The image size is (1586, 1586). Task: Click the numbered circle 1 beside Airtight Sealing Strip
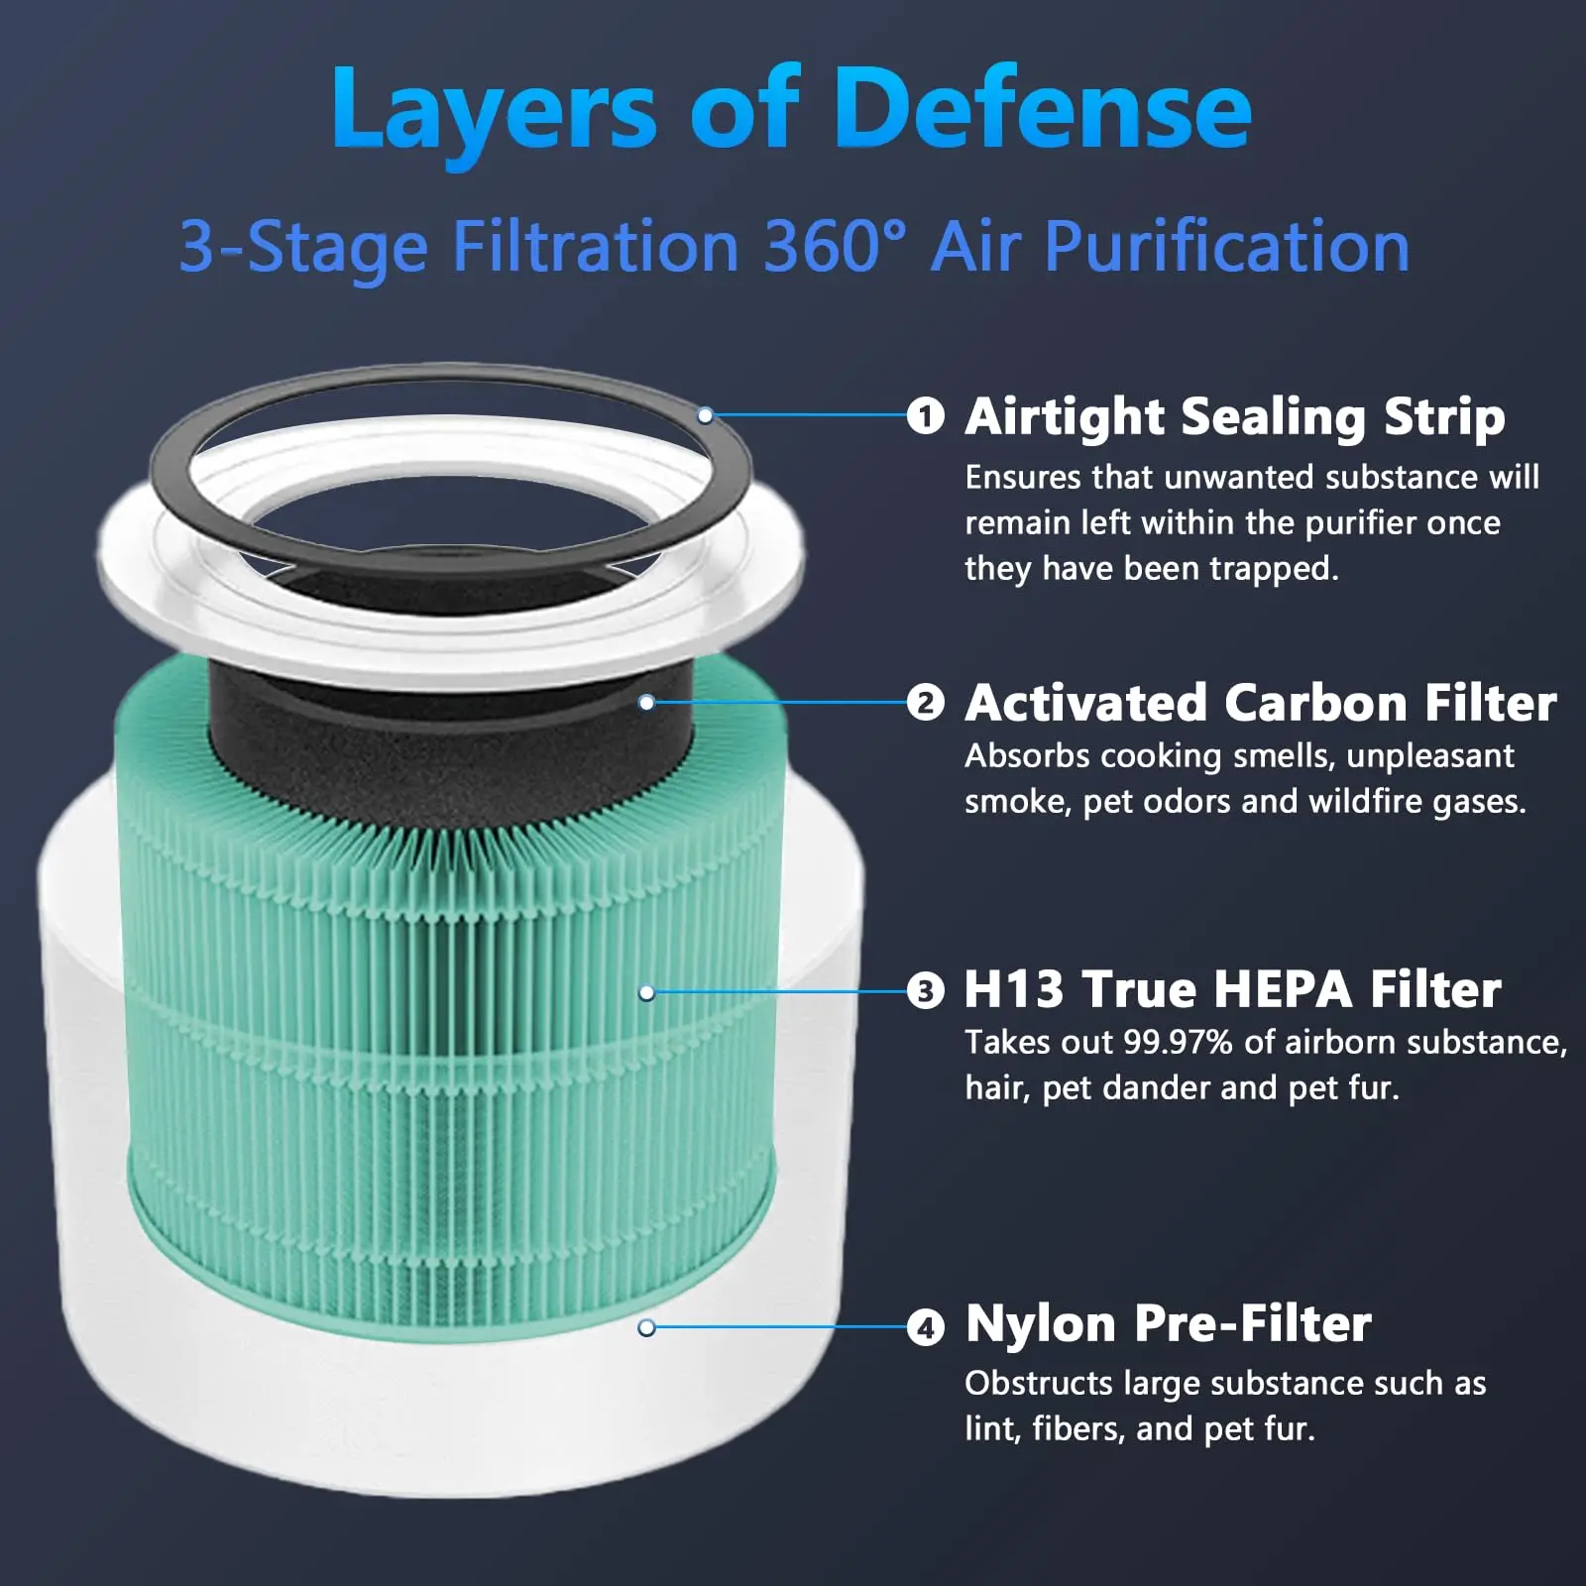(x=926, y=415)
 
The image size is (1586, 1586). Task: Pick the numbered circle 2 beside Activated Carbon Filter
(x=926, y=704)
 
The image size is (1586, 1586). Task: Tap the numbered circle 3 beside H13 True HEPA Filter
(x=926, y=991)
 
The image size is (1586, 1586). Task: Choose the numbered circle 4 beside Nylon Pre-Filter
(x=926, y=1326)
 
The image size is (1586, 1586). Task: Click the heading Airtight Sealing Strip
(x=1234, y=416)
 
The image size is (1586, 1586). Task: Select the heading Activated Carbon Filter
(x=1260, y=703)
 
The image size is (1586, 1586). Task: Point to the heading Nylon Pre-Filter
(x=1168, y=1324)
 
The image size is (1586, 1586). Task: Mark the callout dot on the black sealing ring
(x=705, y=415)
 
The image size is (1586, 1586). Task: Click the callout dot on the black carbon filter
(x=646, y=703)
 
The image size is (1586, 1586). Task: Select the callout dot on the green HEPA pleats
(x=647, y=992)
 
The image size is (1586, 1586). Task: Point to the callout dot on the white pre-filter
(x=647, y=1327)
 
